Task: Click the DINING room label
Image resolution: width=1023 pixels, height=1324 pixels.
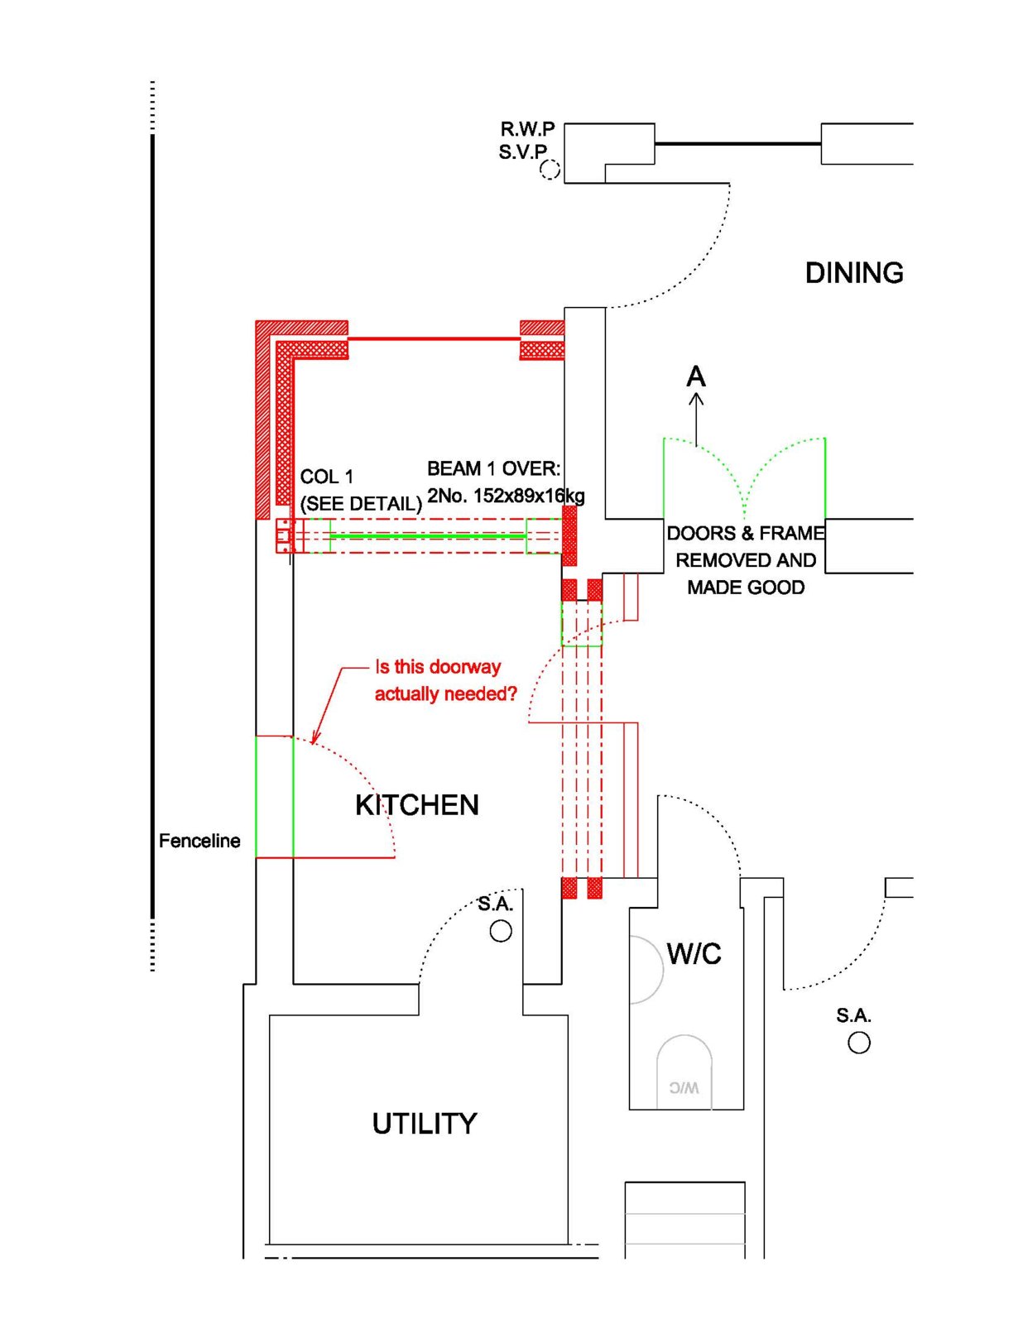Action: pyautogui.click(x=854, y=273)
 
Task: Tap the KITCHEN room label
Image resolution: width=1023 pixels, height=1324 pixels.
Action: pyautogui.click(x=417, y=805)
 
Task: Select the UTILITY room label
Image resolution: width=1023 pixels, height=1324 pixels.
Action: pyautogui.click(x=424, y=1124)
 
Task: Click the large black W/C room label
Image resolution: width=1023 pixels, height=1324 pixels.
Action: pyautogui.click(x=694, y=953)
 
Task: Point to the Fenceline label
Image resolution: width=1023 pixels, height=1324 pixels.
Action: pyautogui.click(x=199, y=842)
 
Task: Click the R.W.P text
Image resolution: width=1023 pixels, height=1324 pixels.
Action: pyautogui.click(x=528, y=129)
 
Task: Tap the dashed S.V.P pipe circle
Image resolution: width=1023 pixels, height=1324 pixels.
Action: pyautogui.click(x=550, y=170)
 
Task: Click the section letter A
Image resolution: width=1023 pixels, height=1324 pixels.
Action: pyautogui.click(x=696, y=377)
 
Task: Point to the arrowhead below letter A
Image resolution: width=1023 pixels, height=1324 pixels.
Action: pyautogui.click(x=696, y=399)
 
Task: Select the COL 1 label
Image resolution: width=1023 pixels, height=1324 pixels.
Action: pyautogui.click(x=327, y=477)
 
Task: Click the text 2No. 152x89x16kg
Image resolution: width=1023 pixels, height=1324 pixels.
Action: pyautogui.click(x=506, y=496)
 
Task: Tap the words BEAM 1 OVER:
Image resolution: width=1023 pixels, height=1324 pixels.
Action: pyautogui.click(x=493, y=468)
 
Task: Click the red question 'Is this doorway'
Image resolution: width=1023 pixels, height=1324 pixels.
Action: pyautogui.click(x=438, y=667)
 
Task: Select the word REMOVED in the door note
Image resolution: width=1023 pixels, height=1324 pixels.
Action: pyautogui.click(x=713, y=560)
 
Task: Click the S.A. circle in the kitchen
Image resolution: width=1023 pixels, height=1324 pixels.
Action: pyautogui.click(x=501, y=931)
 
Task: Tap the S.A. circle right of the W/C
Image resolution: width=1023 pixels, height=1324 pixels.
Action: pyautogui.click(x=859, y=1043)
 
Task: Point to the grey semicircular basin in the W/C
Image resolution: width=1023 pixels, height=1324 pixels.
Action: pyautogui.click(x=646, y=969)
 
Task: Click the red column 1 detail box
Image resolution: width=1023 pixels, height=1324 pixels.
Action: pyautogui.click(x=286, y=536)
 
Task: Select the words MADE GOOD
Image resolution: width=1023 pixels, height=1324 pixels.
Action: pyautogui.click(x=746, y=588)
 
